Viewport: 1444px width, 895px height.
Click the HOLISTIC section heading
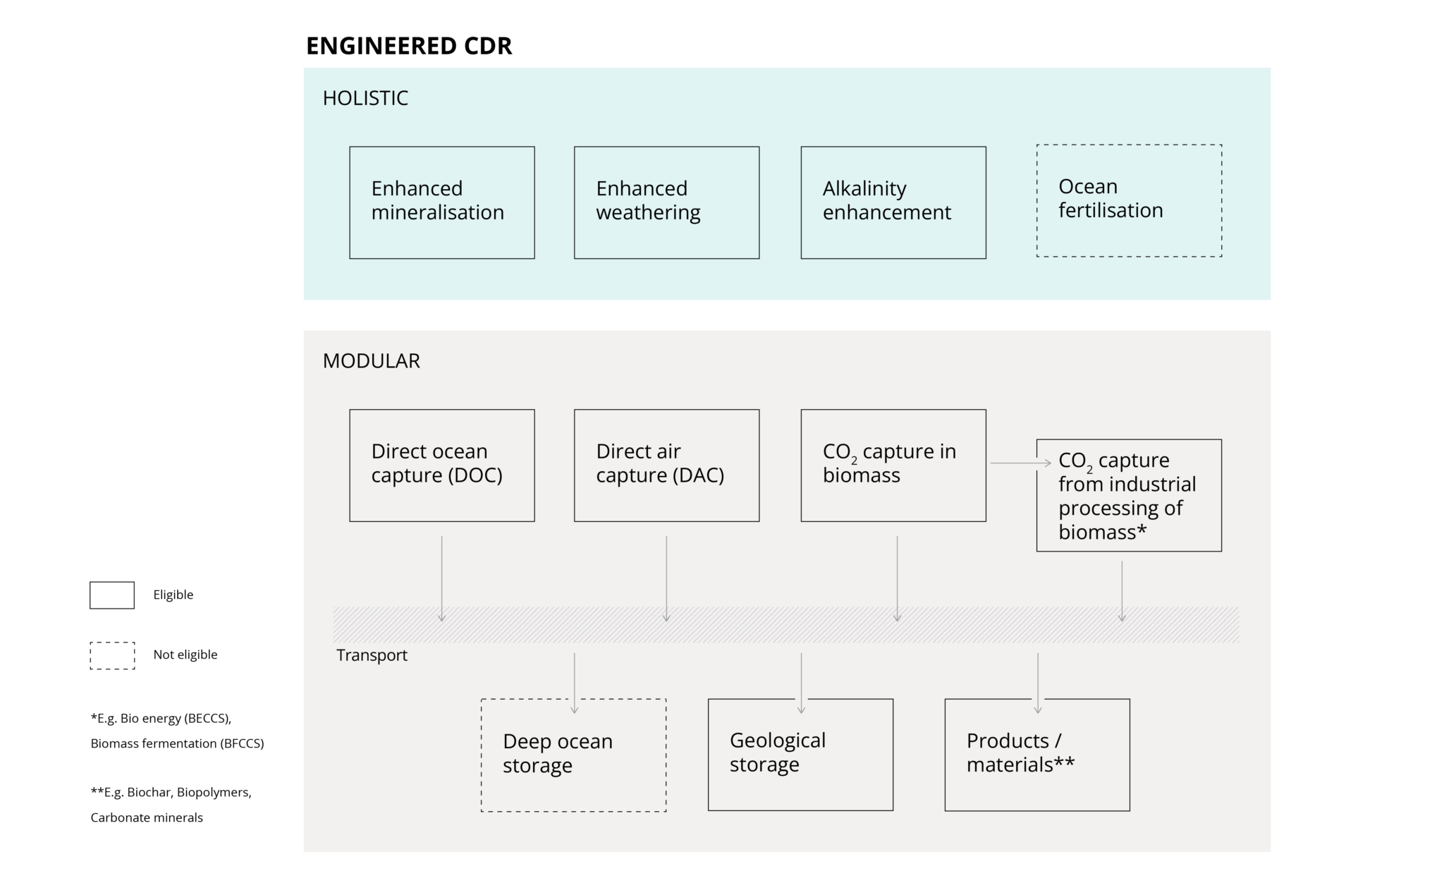(x=365, y=98)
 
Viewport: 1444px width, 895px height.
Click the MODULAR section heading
(x=371, y=361)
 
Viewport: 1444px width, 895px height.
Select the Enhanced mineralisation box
(x=441, y=202)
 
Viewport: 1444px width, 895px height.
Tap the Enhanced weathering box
(x=666, y=202)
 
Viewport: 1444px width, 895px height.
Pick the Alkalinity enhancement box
(x=893, y=202)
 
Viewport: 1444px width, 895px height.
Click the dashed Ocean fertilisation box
(x=1128, y=200)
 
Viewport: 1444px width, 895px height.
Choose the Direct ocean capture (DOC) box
(x=441, y=465)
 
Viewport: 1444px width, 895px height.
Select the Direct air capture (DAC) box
(x=666, y=465)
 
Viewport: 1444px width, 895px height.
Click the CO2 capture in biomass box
(x=893, y=465)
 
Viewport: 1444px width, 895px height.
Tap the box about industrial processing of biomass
(x=1128, y=495)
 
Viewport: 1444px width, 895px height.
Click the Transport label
(x=372, y=655)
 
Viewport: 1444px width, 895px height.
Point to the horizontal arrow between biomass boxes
(x=1020, y=463)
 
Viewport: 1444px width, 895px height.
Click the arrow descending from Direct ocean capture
(x=441, y=578)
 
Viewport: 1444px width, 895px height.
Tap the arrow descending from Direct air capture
(x=666, y=578)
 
